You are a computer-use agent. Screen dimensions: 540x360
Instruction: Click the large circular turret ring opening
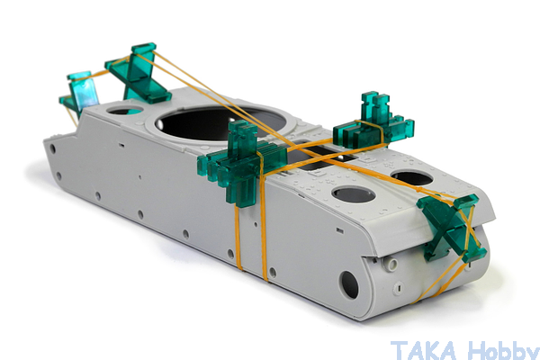pos(220,123)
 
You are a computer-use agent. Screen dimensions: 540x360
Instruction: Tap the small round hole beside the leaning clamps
pos(125,110)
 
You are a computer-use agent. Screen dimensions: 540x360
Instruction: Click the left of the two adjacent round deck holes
pos(354,194)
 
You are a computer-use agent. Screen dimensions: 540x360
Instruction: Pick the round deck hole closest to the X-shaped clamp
pos(412,177)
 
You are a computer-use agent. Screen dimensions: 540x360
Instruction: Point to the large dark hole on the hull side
pos(348,284)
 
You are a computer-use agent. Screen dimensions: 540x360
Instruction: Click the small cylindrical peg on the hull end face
pos(391,265)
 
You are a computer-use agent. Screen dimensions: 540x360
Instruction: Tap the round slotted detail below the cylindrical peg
pos(399,287)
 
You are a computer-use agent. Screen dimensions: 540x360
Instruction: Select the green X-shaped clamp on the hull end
pos(452,228)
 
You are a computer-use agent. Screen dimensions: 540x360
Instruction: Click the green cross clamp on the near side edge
pos(242,163)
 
